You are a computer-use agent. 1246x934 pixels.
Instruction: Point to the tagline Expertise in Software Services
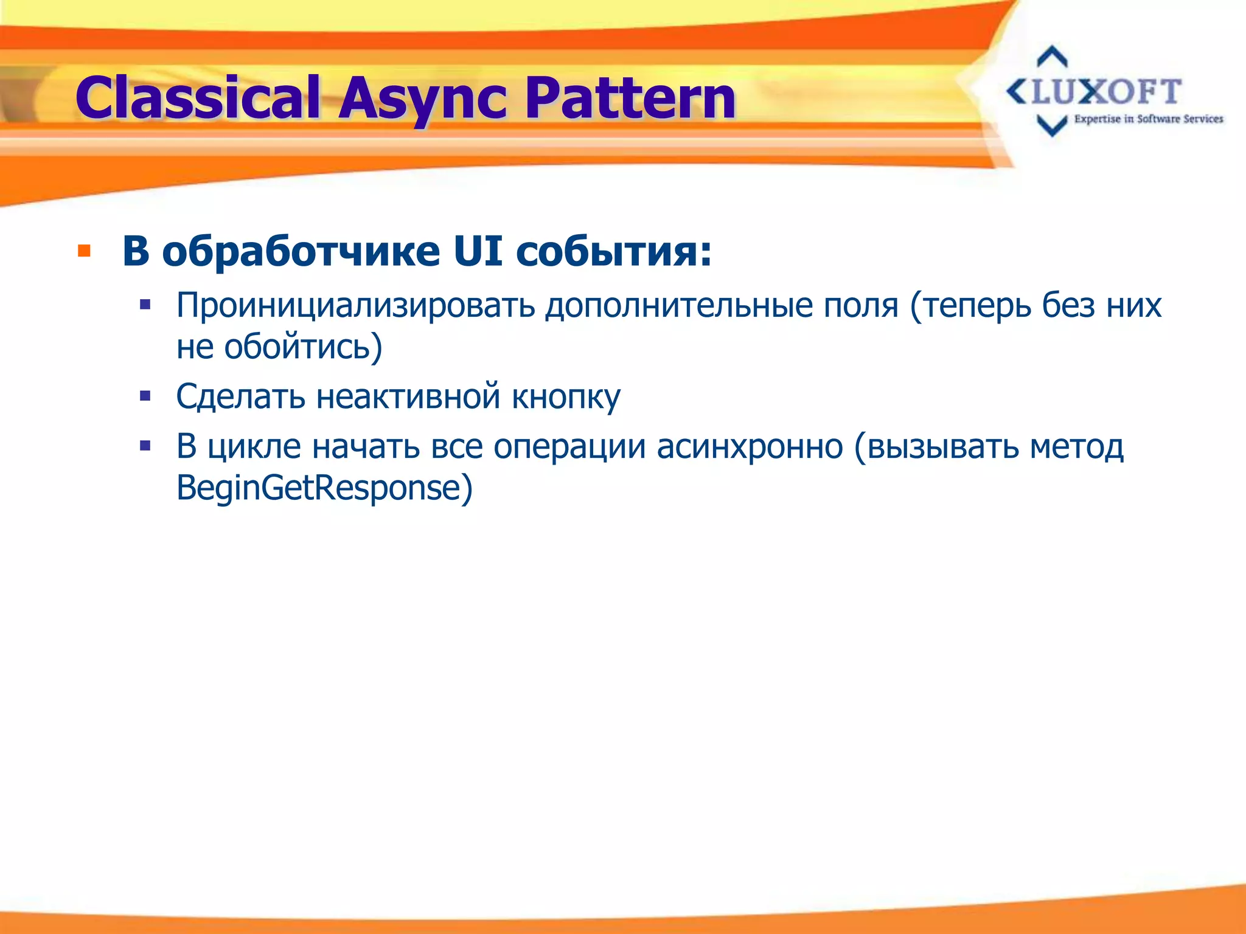1148,119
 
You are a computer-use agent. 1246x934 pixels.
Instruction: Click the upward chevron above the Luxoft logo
1052,57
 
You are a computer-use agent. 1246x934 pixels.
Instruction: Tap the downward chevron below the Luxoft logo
1052,126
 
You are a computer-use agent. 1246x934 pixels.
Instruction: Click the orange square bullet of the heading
84,252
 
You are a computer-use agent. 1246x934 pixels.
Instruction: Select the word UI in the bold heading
478,252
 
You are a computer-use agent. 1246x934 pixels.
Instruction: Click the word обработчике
301,252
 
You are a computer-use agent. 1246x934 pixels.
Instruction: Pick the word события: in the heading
614,252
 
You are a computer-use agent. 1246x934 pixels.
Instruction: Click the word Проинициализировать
355,306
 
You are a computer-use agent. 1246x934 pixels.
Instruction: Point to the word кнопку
565,397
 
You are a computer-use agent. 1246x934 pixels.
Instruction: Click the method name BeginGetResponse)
324,488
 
